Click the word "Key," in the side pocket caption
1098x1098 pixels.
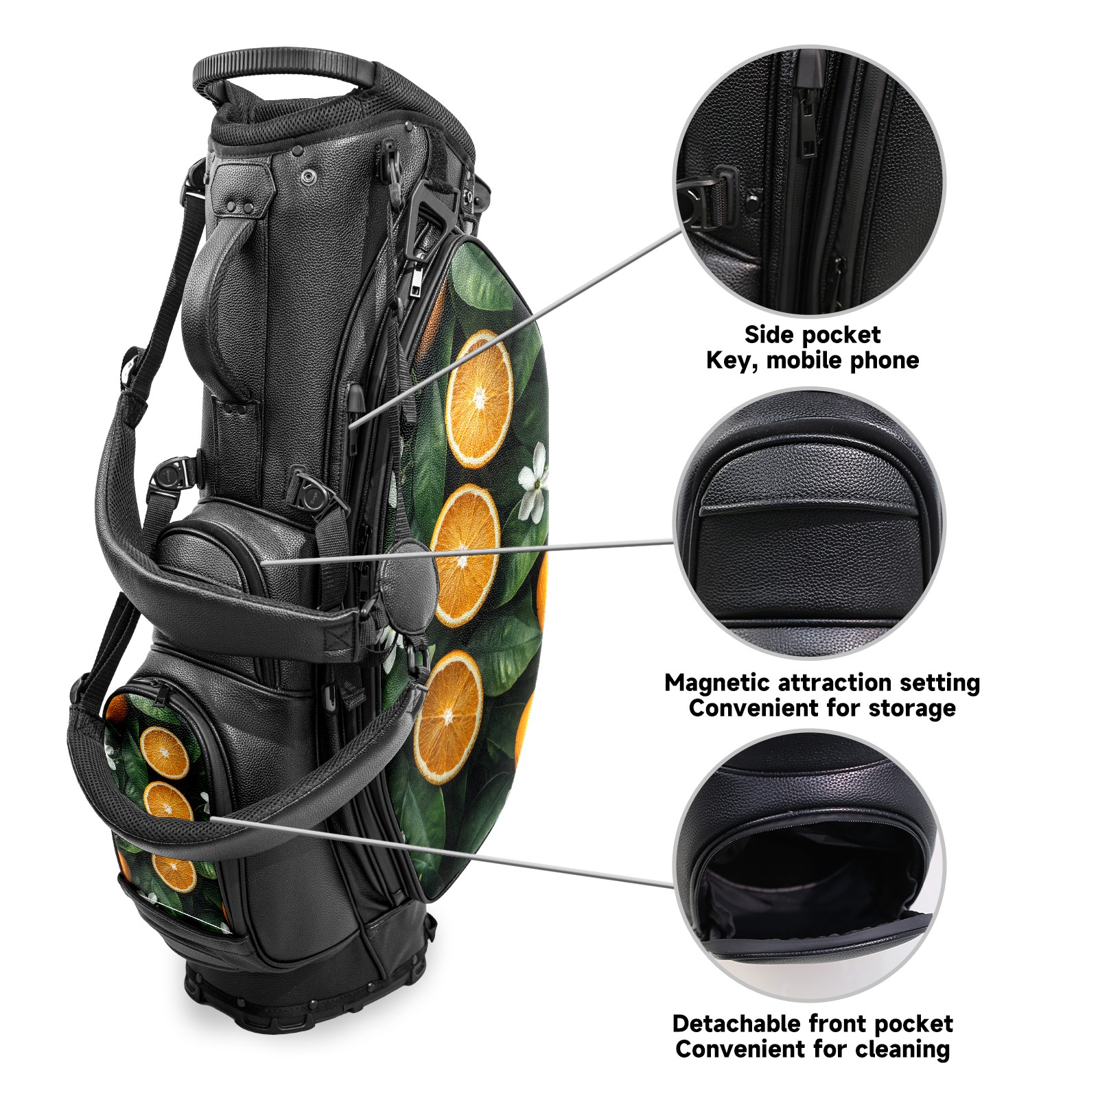(733, 361)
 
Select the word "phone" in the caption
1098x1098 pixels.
(885, 361)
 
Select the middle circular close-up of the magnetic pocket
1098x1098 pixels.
(809, 524)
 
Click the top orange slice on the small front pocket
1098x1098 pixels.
(165, 752)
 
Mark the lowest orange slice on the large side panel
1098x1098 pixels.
(448, 717)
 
